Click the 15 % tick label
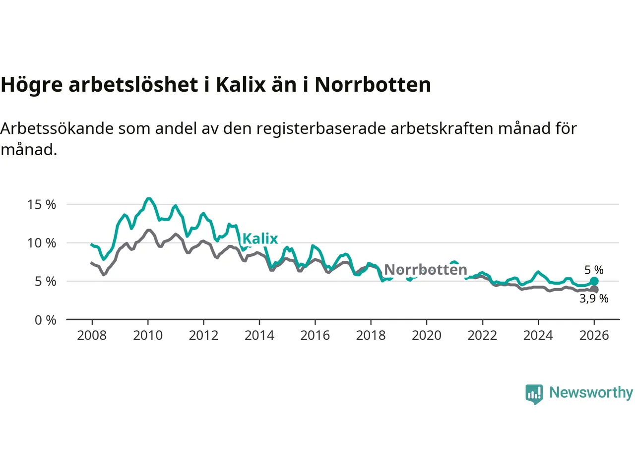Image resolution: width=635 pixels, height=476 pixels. point(42,204)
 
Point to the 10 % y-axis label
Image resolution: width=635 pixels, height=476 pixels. point(42,243)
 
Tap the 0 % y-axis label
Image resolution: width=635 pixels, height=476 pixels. point(45,320)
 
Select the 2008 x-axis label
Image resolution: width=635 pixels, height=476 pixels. point(92,336)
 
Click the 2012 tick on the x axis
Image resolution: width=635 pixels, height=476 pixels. point(203,336)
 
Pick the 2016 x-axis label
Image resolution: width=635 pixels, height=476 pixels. point(315,336)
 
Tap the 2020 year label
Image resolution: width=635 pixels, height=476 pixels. point(427,336)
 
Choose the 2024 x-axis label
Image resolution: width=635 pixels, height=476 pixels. point(538,336)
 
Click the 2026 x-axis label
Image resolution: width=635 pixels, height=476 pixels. point(594,336)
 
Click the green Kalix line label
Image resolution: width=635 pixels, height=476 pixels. point(260,238)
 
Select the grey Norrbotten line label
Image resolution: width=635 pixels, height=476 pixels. point(426,270)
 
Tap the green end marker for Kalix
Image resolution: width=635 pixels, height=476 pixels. point(594,282)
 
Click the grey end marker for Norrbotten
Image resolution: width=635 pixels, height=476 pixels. point(594,290)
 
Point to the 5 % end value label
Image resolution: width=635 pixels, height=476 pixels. point(594,270)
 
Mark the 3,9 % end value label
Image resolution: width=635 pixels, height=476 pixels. point(594,298)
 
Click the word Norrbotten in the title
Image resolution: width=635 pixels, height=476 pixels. point(373,85)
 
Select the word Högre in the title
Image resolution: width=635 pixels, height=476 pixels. point(32,85)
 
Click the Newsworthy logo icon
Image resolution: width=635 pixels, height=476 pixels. point(534,394)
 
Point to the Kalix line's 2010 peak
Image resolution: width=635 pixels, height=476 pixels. point(148,199)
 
